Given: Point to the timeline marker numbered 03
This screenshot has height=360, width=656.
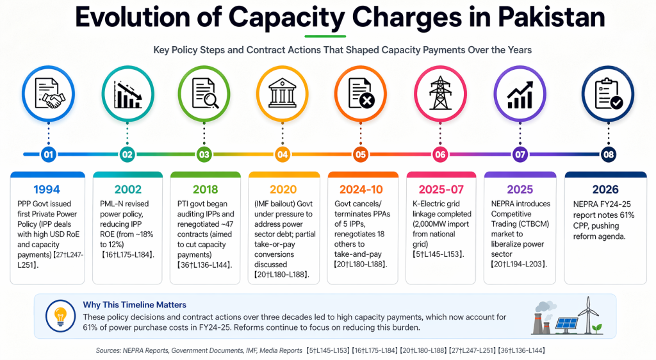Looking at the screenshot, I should tap(204, 154).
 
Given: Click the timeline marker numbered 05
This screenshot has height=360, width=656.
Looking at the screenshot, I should tap(361, 154).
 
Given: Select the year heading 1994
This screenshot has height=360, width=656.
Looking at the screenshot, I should tap(47, 190).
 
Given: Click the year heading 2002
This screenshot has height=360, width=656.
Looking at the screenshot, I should tap(127, 190).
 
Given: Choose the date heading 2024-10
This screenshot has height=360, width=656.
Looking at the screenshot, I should tap(362, 190).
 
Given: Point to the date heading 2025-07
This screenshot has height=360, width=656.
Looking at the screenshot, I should tap(441, 190).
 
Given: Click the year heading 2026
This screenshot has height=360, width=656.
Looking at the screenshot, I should tap(605, 190).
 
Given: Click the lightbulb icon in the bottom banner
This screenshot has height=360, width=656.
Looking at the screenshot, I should tap(60, 316).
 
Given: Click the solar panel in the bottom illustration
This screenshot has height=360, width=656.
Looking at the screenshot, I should tap(566, 324).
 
